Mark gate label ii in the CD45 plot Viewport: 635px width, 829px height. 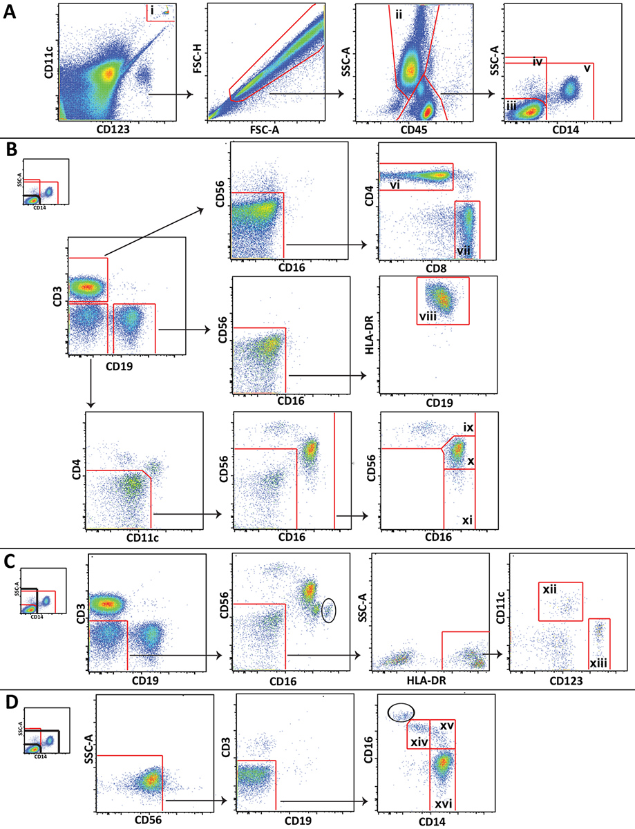coord(399,15)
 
